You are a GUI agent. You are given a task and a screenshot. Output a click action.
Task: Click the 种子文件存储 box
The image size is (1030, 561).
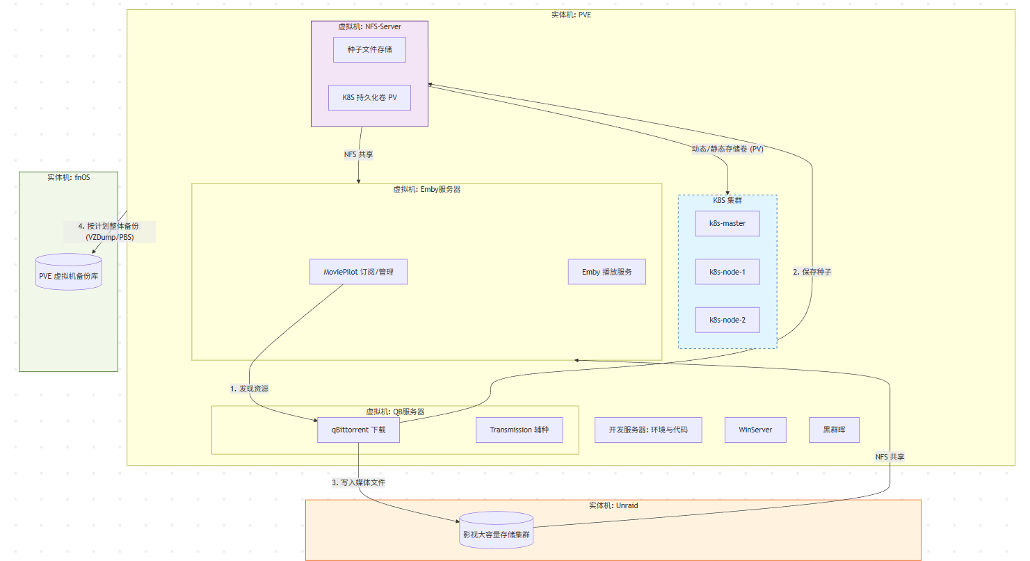[x=369, y=49]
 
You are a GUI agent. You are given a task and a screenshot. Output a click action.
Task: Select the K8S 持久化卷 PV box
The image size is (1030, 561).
[x=369, y=97]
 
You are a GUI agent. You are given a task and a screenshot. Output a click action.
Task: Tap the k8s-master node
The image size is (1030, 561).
[x=727, y=223]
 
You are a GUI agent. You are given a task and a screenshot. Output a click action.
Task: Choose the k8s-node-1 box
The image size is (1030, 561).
[x=727, y=272]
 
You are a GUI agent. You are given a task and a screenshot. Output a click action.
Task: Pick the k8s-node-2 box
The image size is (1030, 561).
[x=727, y=320]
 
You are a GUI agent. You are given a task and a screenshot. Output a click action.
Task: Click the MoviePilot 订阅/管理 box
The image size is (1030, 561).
[x=358, y=272]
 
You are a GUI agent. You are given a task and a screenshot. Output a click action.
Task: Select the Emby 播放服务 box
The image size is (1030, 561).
[x=606, y=272]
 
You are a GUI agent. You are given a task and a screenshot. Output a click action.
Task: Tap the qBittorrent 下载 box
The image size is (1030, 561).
[x=358, y=430]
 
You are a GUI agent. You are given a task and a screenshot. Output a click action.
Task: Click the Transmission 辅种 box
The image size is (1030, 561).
[x=519, y=430]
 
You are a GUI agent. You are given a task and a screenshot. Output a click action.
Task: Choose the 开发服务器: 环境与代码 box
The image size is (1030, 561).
[x=648, y=430]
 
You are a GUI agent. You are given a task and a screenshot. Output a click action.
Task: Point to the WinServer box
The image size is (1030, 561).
[x=755, y=430]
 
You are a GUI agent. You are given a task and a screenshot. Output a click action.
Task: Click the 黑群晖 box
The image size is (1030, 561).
[x=834, y=430]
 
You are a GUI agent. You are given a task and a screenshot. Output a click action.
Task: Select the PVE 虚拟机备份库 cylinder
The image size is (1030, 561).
[x=69, y=272]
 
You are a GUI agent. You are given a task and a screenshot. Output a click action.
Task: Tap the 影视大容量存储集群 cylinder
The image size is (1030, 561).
[x=496, y=530]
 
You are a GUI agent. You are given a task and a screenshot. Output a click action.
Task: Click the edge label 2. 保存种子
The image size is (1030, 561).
[x=812, y=272]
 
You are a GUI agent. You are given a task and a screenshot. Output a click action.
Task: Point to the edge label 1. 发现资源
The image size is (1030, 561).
[x=249, y=389]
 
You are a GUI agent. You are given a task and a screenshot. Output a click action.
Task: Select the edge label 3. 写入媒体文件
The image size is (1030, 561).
[x=358, y=482]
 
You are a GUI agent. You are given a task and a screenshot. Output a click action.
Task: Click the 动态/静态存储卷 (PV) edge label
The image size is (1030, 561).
[x=727, y=149]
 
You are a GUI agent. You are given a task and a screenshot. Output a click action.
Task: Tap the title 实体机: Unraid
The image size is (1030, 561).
[x=613, y=505]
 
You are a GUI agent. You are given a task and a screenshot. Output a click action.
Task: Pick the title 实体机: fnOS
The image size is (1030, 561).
[x=69, y=177]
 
